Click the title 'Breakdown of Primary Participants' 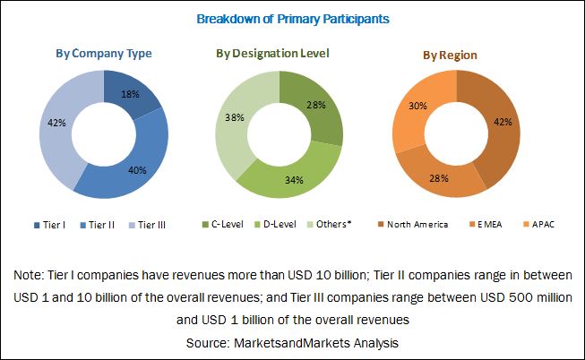coord(292,18)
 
